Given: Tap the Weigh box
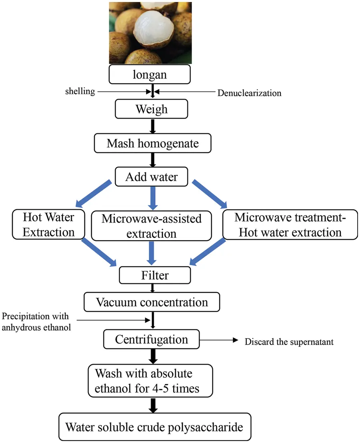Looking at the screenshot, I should pos(151,109).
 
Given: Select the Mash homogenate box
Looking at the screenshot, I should pos(152,143).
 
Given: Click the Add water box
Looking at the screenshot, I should pos(151,176).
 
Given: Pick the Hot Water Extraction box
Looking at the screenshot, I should pos(48,225).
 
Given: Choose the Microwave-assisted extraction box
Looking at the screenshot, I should pos(152,226).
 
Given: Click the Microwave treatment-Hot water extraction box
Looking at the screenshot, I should pos(290,225).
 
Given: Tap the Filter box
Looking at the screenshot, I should pos(155,275).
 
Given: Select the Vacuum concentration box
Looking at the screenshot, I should pos(152,302).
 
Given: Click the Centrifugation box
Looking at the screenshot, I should pos(151,339).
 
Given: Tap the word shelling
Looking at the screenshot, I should pos(80,91).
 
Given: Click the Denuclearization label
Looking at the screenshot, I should pos(249,93).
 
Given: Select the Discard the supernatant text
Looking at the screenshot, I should pos(289,342).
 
